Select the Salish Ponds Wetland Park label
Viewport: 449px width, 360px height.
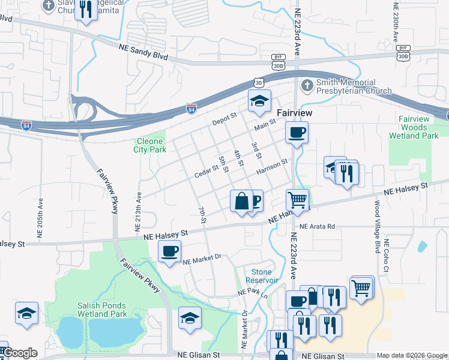102,310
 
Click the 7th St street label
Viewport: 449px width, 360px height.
202,215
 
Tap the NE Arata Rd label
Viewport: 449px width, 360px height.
317,227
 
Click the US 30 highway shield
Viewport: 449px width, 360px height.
258,82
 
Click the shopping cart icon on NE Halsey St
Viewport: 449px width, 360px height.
297,199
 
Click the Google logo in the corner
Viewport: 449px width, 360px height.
20,353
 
